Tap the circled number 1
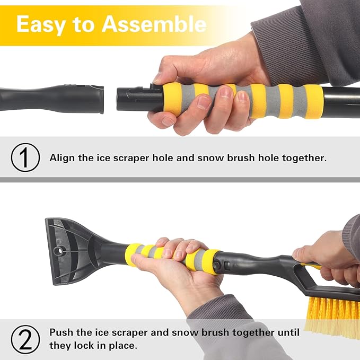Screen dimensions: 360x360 [x=25, y=157]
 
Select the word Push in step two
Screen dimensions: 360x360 [x=60, y=332]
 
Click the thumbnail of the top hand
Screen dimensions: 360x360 [x=225, y=92]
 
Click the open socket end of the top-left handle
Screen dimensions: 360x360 [x=99, y=99]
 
